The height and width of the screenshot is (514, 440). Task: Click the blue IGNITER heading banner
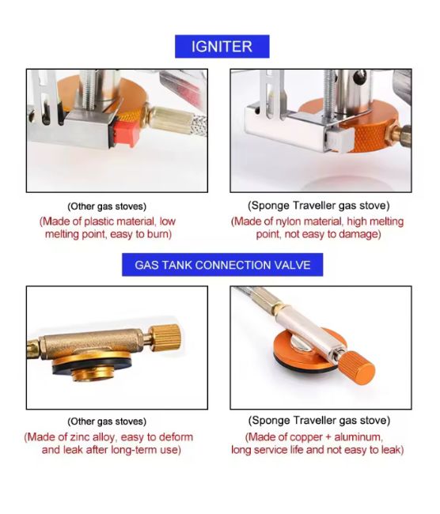[222, 47]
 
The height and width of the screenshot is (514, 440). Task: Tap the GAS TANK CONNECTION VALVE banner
[222, 265]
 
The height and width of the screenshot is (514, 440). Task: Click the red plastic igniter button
[127, 133]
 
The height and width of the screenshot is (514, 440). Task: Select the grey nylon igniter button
[340, 139]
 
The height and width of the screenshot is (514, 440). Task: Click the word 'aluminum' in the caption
[358, 437]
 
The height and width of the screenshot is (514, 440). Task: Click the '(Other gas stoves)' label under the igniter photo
[107, 206]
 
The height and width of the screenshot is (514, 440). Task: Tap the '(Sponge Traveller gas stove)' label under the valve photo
[319, 421]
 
